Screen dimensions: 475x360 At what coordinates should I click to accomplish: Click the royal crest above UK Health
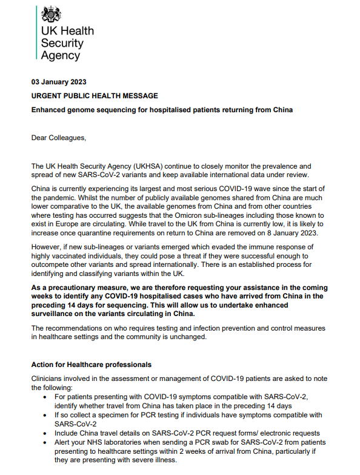click(x=50, y=16)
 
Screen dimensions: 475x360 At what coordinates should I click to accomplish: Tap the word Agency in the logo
click(x=60, y=55)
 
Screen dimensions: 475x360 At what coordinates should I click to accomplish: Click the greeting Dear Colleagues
click(x=59, y=138)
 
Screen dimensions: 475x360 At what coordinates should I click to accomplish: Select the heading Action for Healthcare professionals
click(x=92, y=365)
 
